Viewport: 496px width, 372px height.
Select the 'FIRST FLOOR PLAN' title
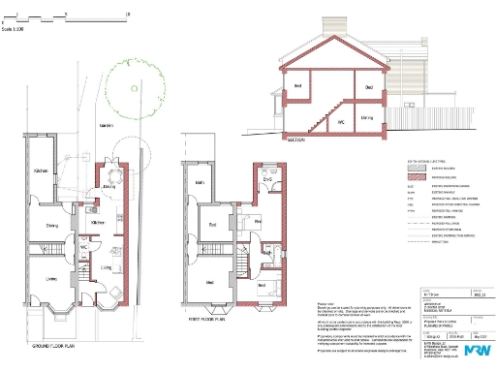click(x=208, y=316)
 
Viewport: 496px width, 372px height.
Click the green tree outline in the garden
click(x=131, y=77)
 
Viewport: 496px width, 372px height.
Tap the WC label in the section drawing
click(x=341, y=123)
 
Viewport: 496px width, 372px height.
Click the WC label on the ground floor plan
click(x=84, y=248)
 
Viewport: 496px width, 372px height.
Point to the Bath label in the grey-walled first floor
click(x=199, y=182)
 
